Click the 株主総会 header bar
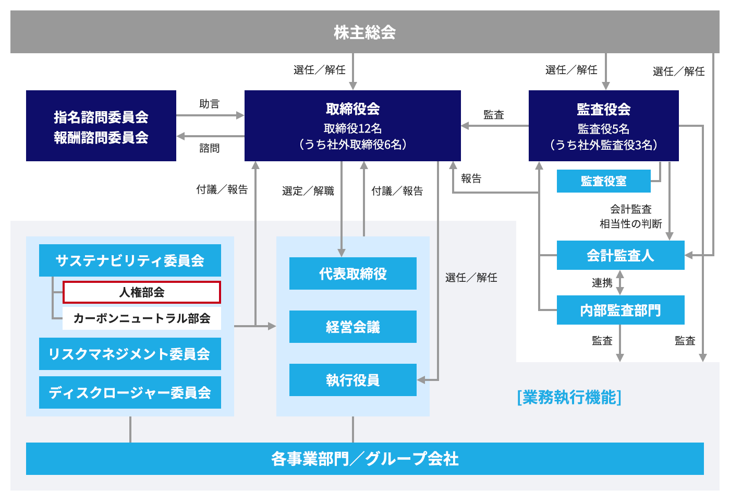(x=364, y=32)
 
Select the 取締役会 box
(x=352, y=126)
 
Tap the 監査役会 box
(x=603, y=126)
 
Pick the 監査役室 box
(x=603, y=181)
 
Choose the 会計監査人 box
(x=620, y=255)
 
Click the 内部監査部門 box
(x=620, y=310)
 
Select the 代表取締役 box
(x=352, y=273)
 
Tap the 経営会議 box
(x=352, y=327)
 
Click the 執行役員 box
(x=352, y=380)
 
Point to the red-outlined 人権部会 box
(x=142, y=292)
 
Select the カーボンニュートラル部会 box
(x=142, y=318)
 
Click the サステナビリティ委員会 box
(x=130, y=260)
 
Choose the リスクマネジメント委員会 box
(x=130, y=354)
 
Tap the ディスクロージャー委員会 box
(x=130, y=392)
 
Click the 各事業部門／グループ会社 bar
(x=364, y=459)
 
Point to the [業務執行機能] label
(x=569, y=397)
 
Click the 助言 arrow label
(x=210, y=104)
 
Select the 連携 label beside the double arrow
(x=602, y=283)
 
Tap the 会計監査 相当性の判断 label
(x=630, y=217)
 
